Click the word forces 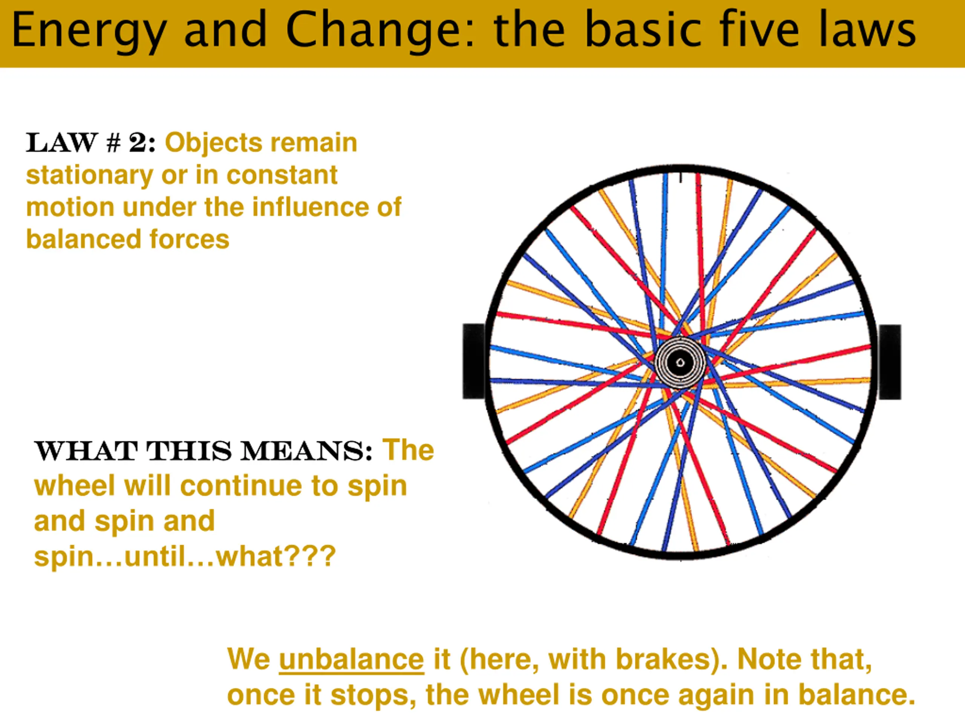(189, 239)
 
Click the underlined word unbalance (351, 659)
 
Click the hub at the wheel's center (680, 363)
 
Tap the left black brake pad (474, 361)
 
